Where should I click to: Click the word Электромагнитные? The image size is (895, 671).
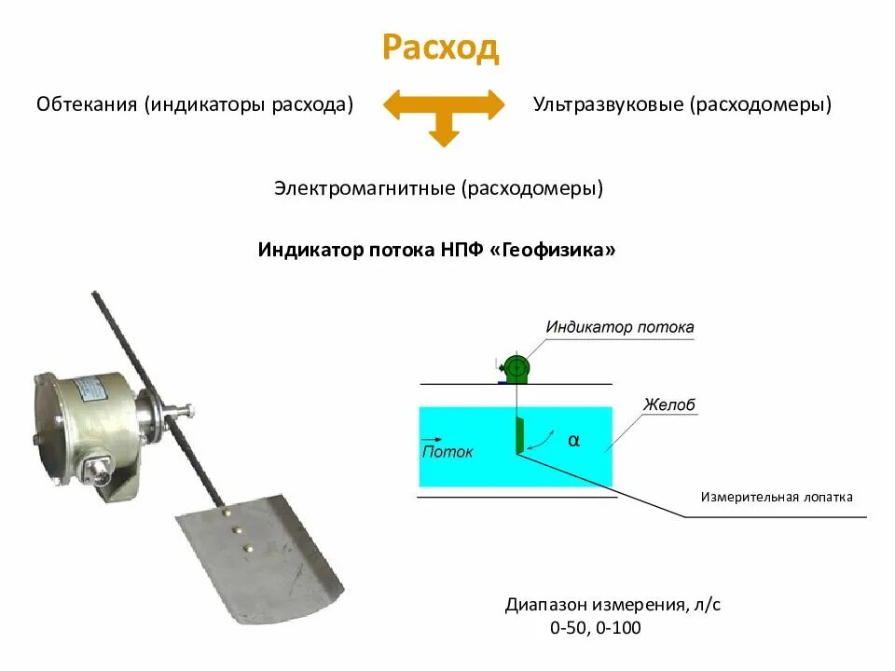364,188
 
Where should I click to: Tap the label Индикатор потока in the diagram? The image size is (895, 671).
620,327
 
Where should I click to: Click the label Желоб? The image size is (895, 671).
669,405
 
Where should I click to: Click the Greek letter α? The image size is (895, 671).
573,441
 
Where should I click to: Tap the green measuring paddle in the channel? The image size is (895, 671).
519,435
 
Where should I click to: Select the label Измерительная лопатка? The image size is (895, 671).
777,497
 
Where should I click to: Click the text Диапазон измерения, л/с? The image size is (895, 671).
613,605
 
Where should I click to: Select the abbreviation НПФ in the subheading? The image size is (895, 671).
461,251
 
